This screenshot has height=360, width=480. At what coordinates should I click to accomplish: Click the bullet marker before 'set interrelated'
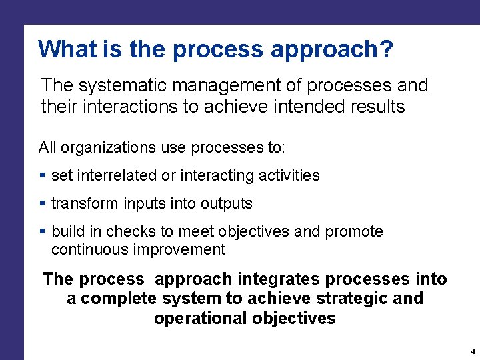[43, 176]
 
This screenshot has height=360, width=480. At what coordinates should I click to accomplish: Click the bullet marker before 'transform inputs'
[43, 203]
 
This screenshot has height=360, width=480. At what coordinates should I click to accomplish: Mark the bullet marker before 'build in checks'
[43, 231]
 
